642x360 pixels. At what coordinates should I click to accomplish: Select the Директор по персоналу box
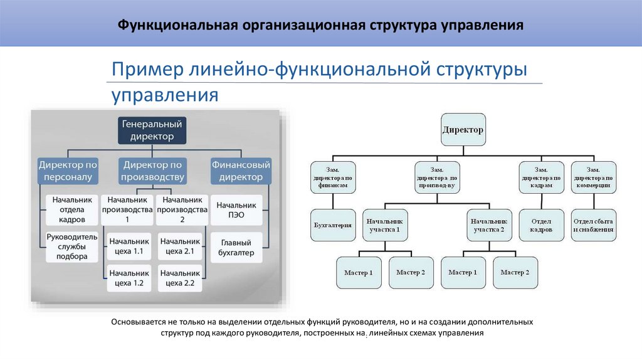click(68, 171)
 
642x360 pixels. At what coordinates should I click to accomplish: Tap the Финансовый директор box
click(241, 171)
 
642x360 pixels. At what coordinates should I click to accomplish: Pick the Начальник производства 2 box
click(182, 209)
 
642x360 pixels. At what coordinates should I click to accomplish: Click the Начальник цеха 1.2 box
click(129, 278)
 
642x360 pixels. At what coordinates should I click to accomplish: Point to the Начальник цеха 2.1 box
click(181, 247)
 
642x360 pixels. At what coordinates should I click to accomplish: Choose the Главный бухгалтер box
click(236, 247)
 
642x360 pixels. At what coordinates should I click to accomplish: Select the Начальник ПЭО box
click(236, 209)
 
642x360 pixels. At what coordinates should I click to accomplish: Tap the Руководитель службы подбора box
click(72, 246)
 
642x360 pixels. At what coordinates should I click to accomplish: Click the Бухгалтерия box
click(333, 225)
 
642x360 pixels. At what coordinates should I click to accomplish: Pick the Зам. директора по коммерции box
click(593, 177)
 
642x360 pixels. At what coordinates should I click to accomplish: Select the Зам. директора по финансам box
click(333, 177)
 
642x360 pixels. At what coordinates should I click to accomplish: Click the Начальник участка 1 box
click(384, 225)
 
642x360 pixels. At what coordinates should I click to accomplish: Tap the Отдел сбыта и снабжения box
click(593, 225)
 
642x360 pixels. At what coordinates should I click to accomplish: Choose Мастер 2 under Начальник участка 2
click(515, 273)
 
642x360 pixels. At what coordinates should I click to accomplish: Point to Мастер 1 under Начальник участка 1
click(359, 273)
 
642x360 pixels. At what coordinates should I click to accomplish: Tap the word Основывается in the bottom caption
click(142, 322)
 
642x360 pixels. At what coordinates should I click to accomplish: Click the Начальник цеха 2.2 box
click(181, 278)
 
